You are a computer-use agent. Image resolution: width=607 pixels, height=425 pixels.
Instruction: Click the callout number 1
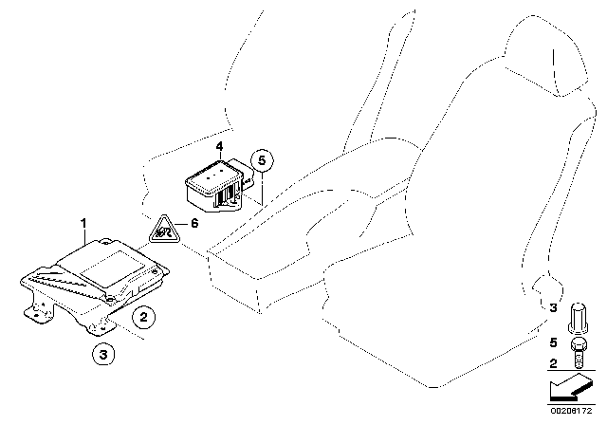83,223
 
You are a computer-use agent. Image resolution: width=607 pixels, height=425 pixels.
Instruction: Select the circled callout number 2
143,318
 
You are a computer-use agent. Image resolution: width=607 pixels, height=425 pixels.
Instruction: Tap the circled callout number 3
103,354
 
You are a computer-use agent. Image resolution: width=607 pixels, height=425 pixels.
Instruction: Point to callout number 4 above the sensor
219,147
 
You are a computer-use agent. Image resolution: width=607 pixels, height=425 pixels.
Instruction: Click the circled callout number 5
262,160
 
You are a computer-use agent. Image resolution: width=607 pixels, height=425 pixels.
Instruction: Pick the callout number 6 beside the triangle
194,223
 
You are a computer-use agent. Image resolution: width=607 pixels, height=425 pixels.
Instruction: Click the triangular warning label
164,231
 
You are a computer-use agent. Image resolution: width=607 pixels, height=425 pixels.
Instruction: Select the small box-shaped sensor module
219,185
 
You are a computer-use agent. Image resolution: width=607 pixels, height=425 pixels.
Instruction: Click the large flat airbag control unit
95,285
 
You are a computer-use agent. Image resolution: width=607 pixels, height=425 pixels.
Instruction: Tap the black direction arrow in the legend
571,388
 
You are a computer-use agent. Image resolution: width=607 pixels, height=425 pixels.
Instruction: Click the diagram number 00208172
571,411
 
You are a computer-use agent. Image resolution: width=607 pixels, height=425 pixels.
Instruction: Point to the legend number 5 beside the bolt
553,342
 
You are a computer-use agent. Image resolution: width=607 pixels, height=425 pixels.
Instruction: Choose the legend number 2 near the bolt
553,363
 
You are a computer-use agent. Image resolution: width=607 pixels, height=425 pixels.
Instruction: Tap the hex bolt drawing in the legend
579,353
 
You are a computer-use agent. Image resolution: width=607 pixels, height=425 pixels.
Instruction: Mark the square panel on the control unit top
113,268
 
